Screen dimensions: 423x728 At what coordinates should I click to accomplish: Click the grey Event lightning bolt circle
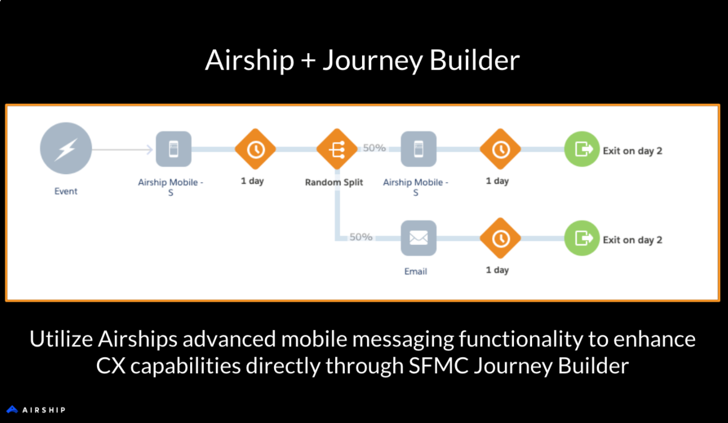point(66,149)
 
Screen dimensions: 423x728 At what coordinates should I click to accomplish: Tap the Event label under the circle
point(66,191)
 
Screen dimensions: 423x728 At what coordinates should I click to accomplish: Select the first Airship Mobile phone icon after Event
point(173,149)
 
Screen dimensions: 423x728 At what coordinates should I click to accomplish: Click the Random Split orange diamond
point(337,149)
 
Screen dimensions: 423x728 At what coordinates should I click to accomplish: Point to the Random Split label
point(334,182)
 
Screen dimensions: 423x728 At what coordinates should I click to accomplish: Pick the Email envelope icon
point(419,238)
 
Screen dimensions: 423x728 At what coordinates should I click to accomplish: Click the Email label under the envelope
point(416,271)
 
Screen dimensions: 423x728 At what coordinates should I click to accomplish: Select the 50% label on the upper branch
point(375,148)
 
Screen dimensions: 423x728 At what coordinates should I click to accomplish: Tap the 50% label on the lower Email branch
point(361,237)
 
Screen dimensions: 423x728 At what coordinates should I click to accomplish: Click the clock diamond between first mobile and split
point(255,149)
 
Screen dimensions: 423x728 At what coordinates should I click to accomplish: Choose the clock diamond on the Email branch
point(500,238)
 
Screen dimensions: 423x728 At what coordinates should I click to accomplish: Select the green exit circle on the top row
point(582,149)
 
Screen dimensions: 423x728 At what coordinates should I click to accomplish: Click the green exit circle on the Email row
point(582,238)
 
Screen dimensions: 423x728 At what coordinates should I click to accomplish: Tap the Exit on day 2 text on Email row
point(633,240)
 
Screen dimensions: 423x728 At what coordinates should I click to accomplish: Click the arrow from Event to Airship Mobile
point(123,150)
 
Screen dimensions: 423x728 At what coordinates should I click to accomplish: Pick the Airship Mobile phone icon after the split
point(419,149)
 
